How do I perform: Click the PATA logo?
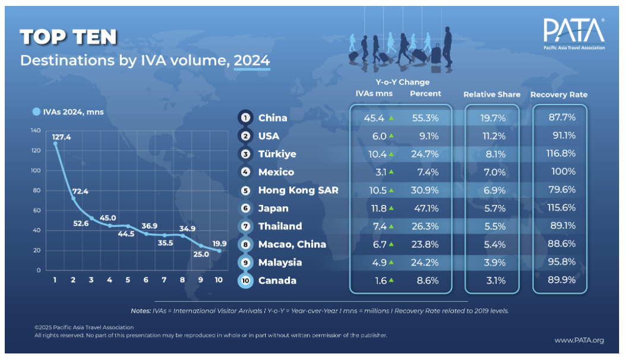(574, 33)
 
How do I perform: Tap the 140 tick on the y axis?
(36, 130)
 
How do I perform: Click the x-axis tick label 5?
(128, 279)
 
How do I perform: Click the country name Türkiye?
(277, 154)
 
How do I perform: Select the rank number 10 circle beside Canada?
(245, 280)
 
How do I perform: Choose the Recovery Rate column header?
(559, 94)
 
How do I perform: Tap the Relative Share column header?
(491, 94)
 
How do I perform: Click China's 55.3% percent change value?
(425, 118)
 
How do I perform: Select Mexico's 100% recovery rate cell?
(563, 172)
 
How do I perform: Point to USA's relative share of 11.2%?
(493, 136)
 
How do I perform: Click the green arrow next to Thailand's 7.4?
(392, 226)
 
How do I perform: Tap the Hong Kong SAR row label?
(298, 190)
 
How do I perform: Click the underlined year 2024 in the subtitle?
(252, 60)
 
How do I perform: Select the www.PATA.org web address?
(579, 340)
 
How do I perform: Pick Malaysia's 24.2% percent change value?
(425, 263)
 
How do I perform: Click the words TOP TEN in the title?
(68, 37)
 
